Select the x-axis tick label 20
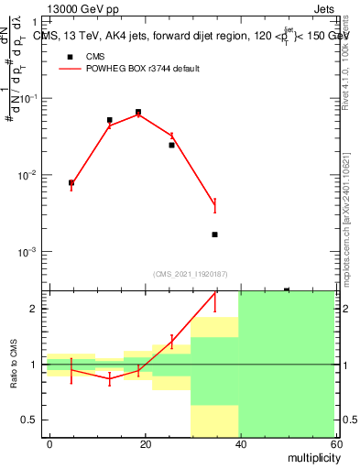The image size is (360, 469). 145,443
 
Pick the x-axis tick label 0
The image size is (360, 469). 49,443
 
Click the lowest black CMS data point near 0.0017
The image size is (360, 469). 214,234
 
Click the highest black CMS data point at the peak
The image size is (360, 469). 138,112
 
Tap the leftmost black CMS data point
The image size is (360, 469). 71,182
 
